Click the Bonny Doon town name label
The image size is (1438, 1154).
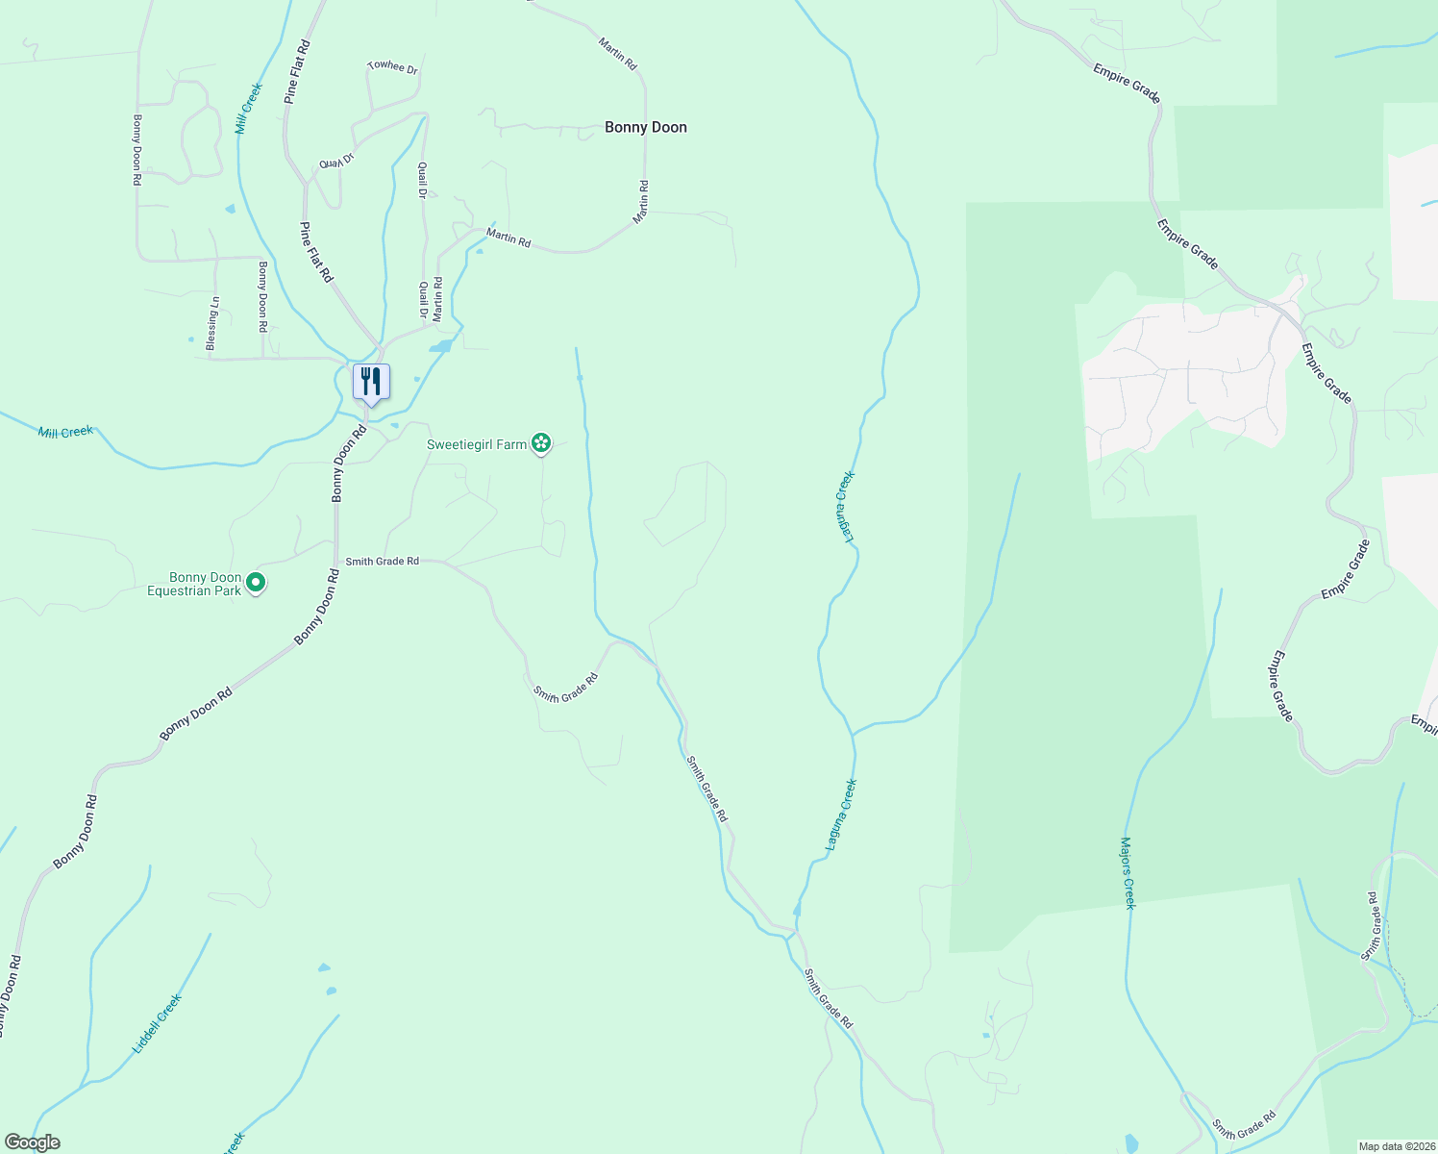(x=645, y=127)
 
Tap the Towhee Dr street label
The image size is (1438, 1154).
(x=393, y=67)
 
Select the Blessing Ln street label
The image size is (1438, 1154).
(x=212, y=322)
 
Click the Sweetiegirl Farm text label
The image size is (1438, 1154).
(x=477, y=444)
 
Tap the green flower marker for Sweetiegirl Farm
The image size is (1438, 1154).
(x=542, y=442)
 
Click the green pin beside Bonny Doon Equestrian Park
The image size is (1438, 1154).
(x=256, y=582)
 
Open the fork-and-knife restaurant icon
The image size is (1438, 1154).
(x=370, y=382)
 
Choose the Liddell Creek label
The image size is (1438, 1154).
(x=157, y=1023)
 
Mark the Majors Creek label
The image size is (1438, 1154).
(x=1128, y=873)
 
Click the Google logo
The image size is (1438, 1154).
(x=32, y=1142)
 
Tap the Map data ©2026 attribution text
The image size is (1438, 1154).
(x=1395, y=1146)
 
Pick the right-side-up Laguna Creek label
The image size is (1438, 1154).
(x=841, y=815)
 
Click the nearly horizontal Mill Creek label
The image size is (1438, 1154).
(x=65, y=433)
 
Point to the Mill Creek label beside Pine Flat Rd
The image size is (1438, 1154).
(x=249, y=108)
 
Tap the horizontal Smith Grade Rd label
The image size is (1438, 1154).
(x=382, y=561)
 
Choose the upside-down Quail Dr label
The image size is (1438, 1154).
(x=337, y=161)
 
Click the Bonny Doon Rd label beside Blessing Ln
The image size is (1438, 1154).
(x=261, y=296)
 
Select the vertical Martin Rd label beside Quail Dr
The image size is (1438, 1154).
(x=438, y=299)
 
